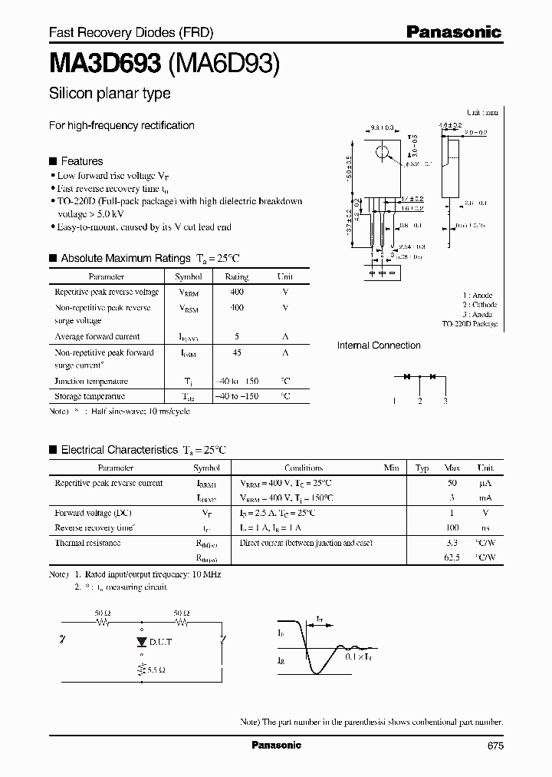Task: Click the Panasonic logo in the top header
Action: pyautogui.click(x=453, y=32)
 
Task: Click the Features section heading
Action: pyautogui.click(x=81, y=161)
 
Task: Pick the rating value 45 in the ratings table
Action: pyautogui.click(x=237, y=353)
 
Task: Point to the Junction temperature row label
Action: pyautogui.click(x=91, y=382)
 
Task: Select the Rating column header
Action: pyautogui.click(x=237, y=276)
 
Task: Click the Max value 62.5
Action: pyautogui.click(x=452, y=558)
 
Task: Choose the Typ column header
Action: pyautogui.click(x=422, y=468)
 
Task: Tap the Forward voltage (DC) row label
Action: pyautogui.click(x=93, y=513)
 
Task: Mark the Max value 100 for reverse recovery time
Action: pyautogui.click(x=452, y=528)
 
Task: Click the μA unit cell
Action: pyautogui.click(x=485, y=483)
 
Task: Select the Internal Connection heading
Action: pyautogui.click(x=379, y=346)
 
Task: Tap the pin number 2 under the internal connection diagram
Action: pyautogui.click(x=419, y=402)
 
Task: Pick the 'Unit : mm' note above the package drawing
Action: pyautogui.click(x=481, y=112)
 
